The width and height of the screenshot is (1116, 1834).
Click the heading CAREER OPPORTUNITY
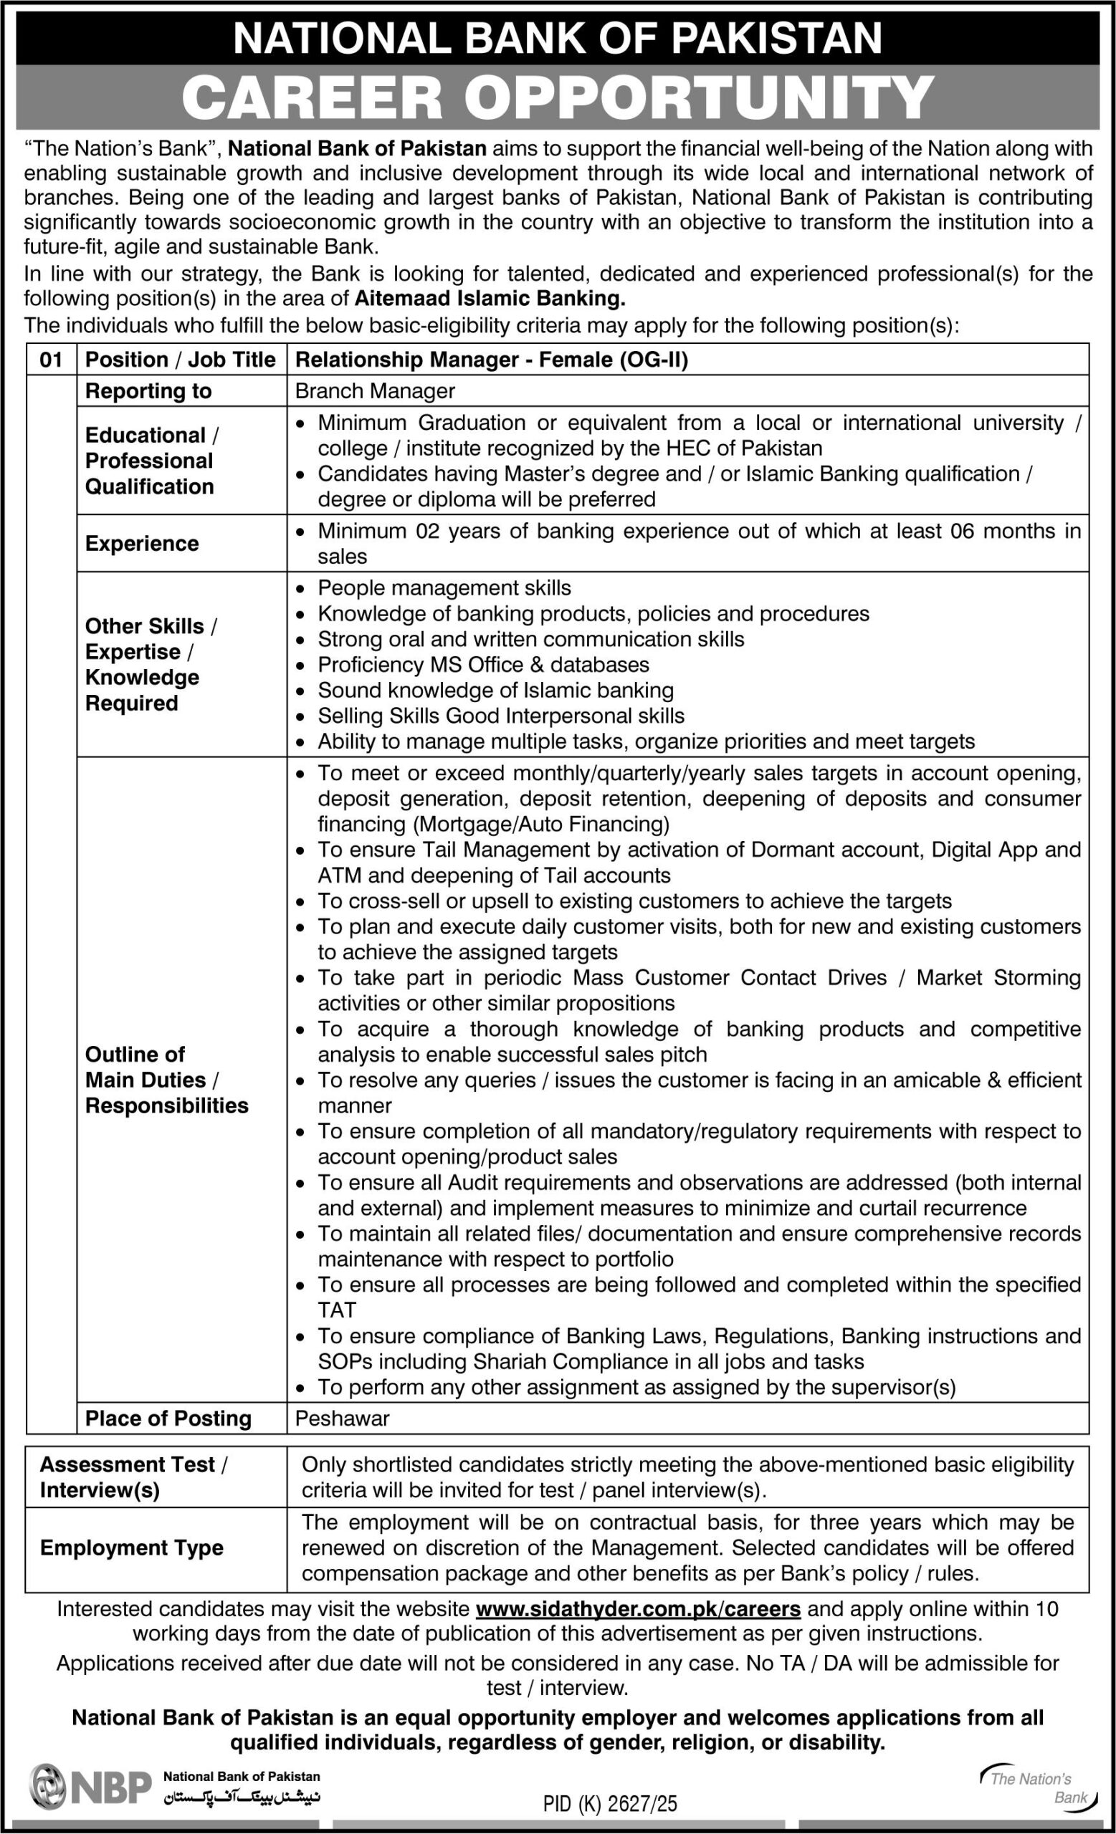tap(558, 97)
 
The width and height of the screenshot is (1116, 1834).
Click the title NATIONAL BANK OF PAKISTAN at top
tap(558, 37)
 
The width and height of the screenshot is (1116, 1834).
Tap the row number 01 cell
tap(51, 360)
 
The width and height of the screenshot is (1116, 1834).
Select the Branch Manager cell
tap(374, 390)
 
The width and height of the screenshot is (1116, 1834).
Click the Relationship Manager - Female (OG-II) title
tap(492, 360)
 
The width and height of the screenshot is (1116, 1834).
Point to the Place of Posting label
tap(168, 1418)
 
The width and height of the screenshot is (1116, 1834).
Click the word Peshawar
tap(343, 1418)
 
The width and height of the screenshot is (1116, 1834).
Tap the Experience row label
tap(141, 543)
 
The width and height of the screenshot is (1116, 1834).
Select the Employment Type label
tap(132, 1547)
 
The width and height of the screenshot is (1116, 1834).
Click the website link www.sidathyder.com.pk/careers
tap(638, 1608)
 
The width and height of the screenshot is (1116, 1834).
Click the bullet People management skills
tap(444, 588)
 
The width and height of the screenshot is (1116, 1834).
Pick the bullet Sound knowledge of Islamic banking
tap(495, 690)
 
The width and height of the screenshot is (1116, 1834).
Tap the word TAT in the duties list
tap(338, 1310)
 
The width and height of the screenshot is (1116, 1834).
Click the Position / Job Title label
tap(180, 360)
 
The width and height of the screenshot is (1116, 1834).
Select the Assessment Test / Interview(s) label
tap(134, 1477)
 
